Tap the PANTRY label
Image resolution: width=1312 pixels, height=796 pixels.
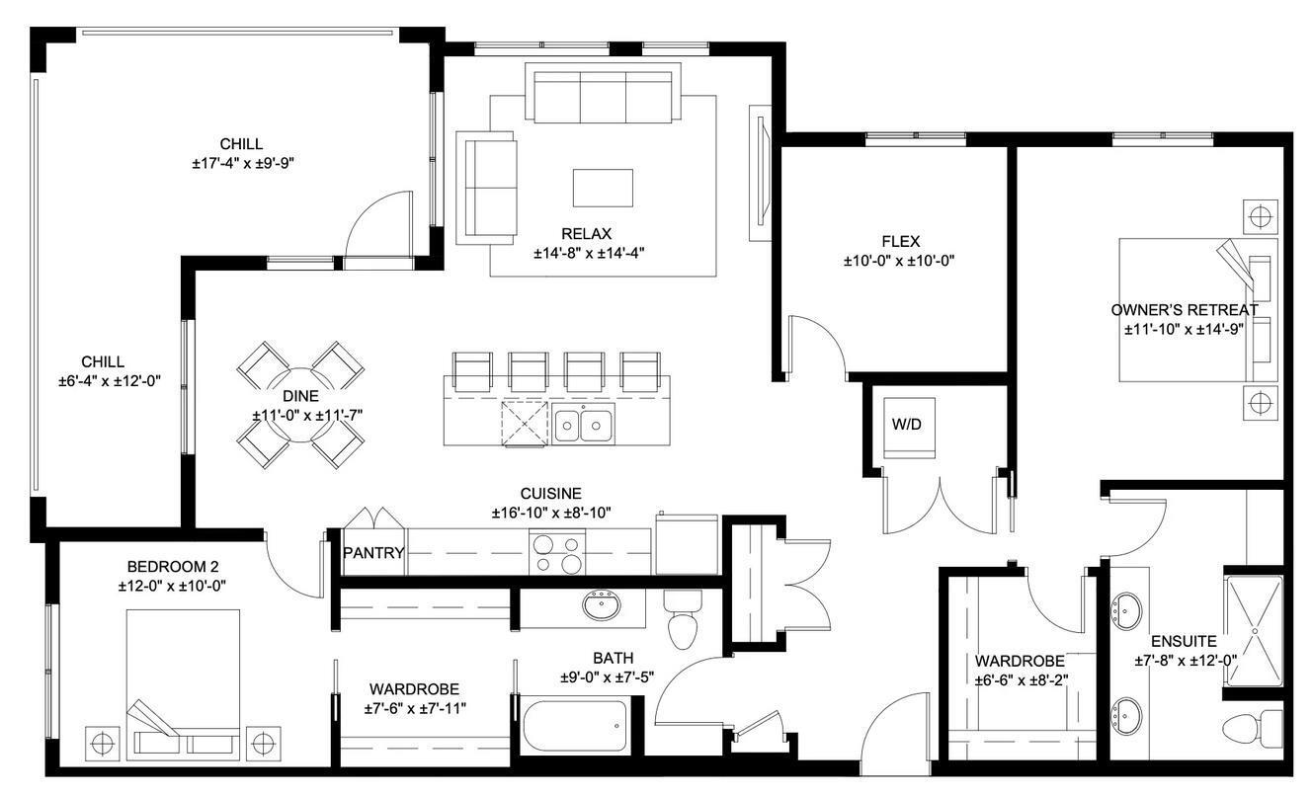pos(373,553)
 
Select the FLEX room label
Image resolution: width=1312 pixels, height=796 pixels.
pos(900,241)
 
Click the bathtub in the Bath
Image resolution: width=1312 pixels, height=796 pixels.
pos(574,730)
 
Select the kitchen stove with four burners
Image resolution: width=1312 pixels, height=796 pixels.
pos(557,552)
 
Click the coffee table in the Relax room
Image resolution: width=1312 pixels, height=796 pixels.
pos(603,188)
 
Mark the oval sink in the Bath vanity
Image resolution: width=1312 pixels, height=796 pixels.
pos(601,603)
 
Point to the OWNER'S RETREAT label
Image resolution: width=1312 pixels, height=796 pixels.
pos(1184,310)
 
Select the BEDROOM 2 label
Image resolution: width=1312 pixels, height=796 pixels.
pos(173,566)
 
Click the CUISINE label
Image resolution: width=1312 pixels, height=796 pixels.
pos(550,494)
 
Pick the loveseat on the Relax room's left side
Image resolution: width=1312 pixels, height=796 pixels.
pos(485,188)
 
